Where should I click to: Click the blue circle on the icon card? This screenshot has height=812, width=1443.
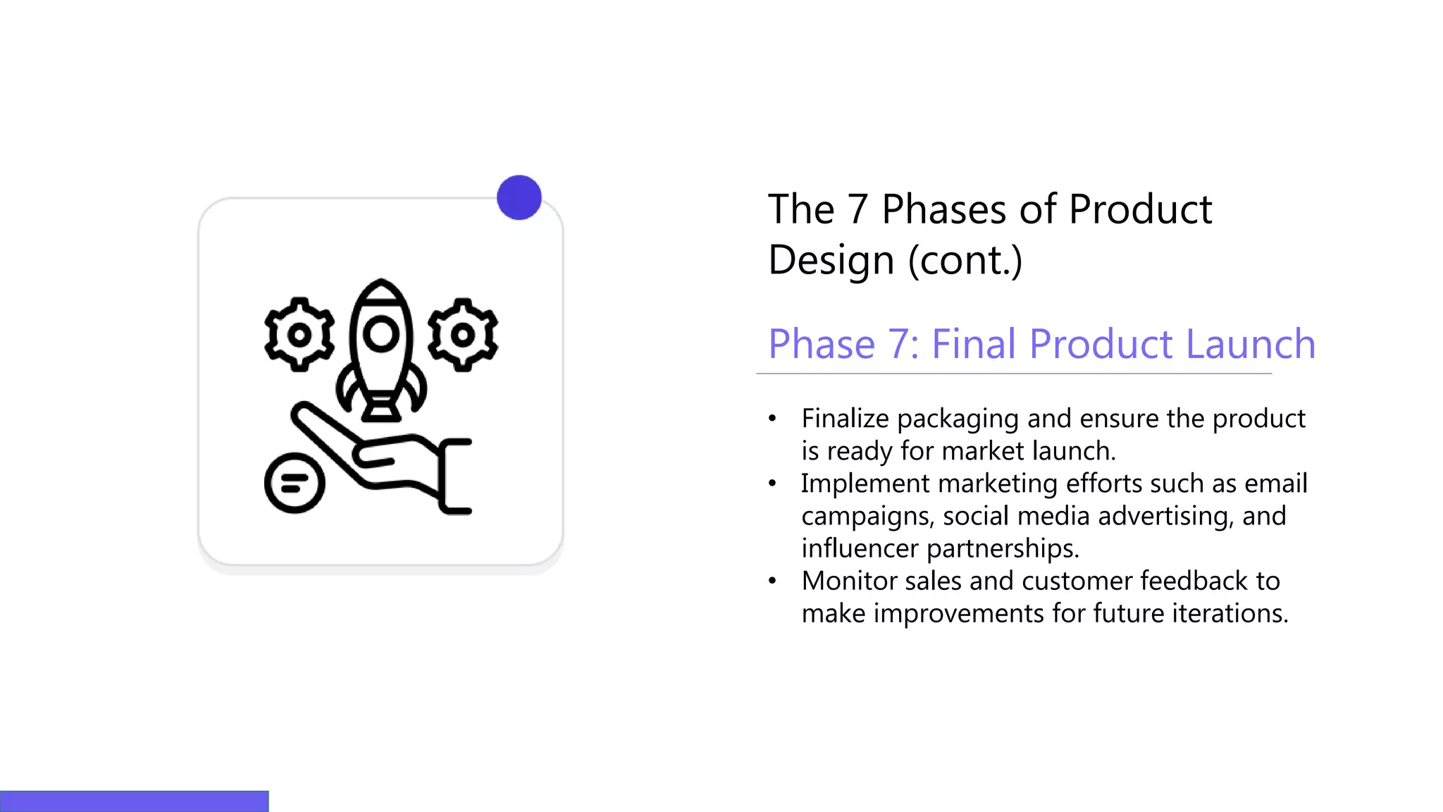pos(519,197)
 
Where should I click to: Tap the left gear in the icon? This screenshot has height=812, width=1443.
pos(299,335)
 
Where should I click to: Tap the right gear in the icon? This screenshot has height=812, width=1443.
pos(463,335)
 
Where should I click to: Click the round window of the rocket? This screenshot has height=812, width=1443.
pos(381,334)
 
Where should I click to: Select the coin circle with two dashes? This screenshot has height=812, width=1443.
pos(295,484)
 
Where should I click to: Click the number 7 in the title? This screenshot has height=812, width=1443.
pos(857,209)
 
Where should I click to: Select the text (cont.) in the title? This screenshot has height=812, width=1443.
pos(965,261)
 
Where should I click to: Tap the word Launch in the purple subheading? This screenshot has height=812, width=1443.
pos(1250,344)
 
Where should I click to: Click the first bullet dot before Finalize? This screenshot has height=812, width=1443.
pos(772,419)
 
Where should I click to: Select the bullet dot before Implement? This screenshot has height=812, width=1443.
pos(772,484)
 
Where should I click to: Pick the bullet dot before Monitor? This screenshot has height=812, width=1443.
pos(772,581)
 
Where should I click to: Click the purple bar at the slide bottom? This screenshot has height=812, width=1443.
pos(134,801)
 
